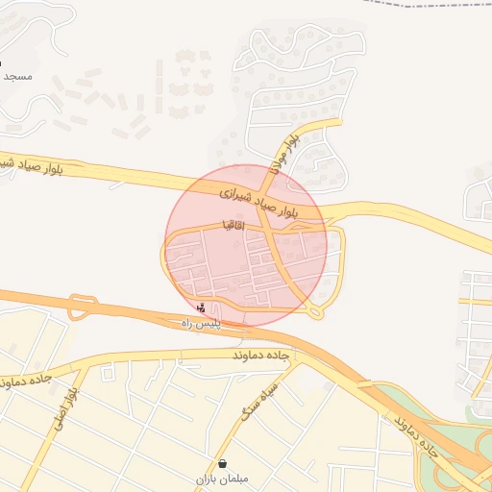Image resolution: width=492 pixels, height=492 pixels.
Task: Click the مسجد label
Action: pyautogui.click(x=18, y=75)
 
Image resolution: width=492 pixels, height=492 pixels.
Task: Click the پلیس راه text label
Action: pyautogui.click(x=202, y=325)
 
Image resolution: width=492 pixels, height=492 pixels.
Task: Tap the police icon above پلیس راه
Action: pyautogui.click(x=201, y=308)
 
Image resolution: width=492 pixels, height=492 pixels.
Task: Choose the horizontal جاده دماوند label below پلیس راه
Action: pyautogui.click(x=262, y=357)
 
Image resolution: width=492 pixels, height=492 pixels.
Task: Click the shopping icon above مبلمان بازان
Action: pyautogui.click(x=223, y=462)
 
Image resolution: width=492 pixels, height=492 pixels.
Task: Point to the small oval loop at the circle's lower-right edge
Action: pyautogui.click(x=316, y=312)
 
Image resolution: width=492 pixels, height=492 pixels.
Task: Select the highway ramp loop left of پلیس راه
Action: pyautogui.click(x=83, y=307)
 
